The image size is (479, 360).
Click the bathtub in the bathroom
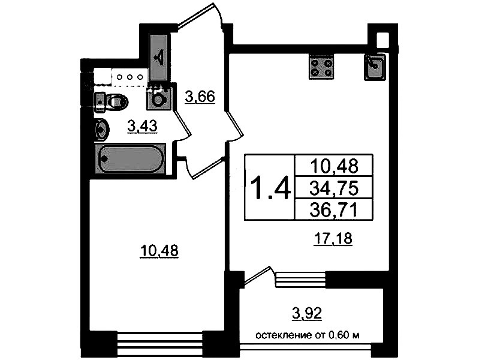[x=131, y=159]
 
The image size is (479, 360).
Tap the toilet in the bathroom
[x=111, y=101]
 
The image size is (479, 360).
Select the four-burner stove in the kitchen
[x=321, y=67]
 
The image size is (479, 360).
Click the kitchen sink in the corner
[x=375, y=67]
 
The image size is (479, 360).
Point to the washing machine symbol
[x=158, y=98]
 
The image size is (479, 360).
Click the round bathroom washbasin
[x=102, y=130]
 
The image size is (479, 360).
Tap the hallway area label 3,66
[x=200, y=97]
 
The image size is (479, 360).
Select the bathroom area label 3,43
[x=142, y=126]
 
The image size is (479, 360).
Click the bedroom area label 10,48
[x=159, y=251]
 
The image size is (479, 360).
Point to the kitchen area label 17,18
[x=333, y=238]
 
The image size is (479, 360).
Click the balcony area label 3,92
[x=307, y=313]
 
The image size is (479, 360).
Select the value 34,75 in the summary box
[x=333, y=188]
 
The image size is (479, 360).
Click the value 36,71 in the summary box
[x=333, y=211]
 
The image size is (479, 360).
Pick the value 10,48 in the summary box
[x=333, y=166]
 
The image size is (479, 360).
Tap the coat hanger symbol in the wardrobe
[x=159, y=58]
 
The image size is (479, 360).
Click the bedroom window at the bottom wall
[x=160, y=344]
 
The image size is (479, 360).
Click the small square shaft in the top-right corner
[x=382, y=40]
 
